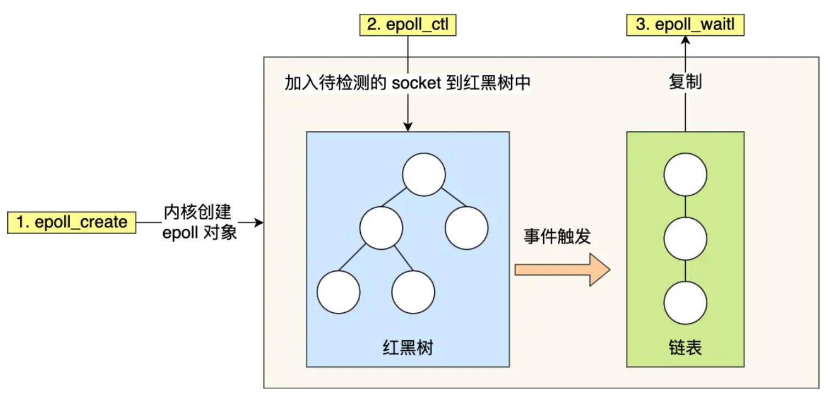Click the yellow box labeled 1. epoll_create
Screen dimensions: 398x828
pyautogui.click(x=71, y=223)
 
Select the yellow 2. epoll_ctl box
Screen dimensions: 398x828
pyautogui.click(x=407, y=25)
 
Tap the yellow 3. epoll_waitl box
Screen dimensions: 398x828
pyautogui.click(x=686, y=25)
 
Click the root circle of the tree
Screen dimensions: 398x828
pyautogui.click(x=423, y=174)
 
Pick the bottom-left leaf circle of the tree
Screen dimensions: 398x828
pyautogui.click(x=338, y=292)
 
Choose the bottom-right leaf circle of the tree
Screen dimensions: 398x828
pyautogui.click(x=413, y=292)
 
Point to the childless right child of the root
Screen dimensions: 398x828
pyautogui.click(x=467, y=228)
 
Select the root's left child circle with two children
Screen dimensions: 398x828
pyautogui.click(x=381, y=228)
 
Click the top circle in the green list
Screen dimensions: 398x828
pyautogui.click(x=685, y=174)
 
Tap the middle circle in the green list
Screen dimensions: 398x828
pyautogui.click(x=685, y=239)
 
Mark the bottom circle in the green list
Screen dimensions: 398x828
pyautogui.click(x=685, y=304)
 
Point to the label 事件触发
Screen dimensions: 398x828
pyautogui.click(x=556, y=237)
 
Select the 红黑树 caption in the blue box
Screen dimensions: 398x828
pyautogui.click(x=407, y=348)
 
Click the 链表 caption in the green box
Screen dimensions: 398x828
pyautogui.click(x=685, y=348)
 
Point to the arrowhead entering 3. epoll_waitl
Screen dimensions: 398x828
pyautogui.click(x=685, y=41)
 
